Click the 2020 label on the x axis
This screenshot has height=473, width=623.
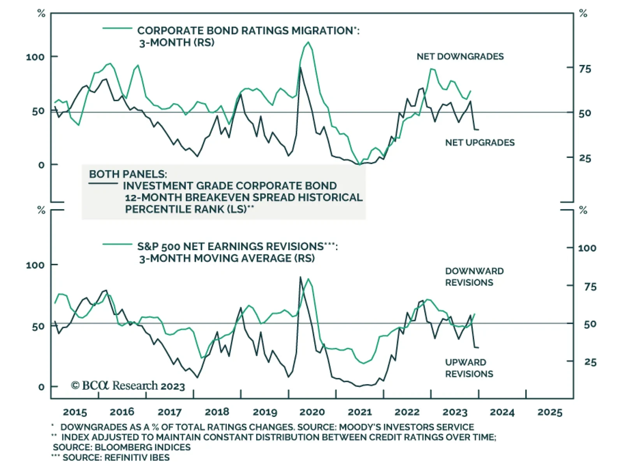tap(312, 412)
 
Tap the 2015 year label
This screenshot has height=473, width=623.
tap(75, 412)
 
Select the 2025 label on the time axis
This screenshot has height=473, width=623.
tap(550, 412)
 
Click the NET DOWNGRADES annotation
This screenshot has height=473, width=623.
tap(460, 56)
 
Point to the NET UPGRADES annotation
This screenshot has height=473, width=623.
tap(480, 143)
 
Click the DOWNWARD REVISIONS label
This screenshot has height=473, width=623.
tap(474, 277)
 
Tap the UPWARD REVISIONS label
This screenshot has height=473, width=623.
tap(469, 368)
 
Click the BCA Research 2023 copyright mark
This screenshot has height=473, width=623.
tap(128, 386)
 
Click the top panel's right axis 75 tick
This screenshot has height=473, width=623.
tap(585, 69)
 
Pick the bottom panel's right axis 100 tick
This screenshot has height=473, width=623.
tap(587, 248)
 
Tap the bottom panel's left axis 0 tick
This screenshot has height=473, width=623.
tap(41, 387)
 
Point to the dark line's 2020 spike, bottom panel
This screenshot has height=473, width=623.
tap(300, 277)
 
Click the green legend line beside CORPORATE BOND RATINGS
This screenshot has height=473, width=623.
tap(117, 28)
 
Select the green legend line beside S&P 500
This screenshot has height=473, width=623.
tap(117, 244)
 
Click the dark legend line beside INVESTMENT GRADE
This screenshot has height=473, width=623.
tap(103, 183)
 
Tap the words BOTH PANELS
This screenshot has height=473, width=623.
tap(128, 174)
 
